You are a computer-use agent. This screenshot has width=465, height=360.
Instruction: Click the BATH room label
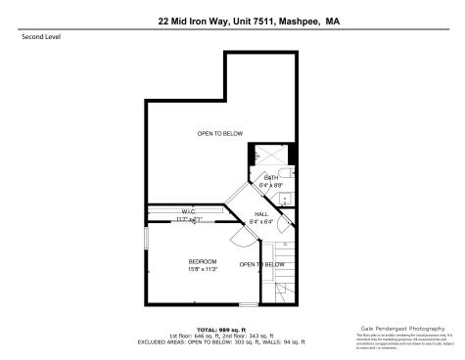pos(271,177)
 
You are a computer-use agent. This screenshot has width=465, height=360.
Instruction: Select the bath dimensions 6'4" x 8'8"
pos(271,184)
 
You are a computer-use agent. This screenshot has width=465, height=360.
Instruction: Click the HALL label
pos(261,213)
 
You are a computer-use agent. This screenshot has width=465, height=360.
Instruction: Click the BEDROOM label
pos(203,261)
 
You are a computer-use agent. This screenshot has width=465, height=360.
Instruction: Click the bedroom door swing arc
pos(239,240)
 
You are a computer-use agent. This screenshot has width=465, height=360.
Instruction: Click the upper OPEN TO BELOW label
pos(219,133)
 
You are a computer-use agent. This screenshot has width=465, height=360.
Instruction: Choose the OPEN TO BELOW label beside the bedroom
pos(262,264)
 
